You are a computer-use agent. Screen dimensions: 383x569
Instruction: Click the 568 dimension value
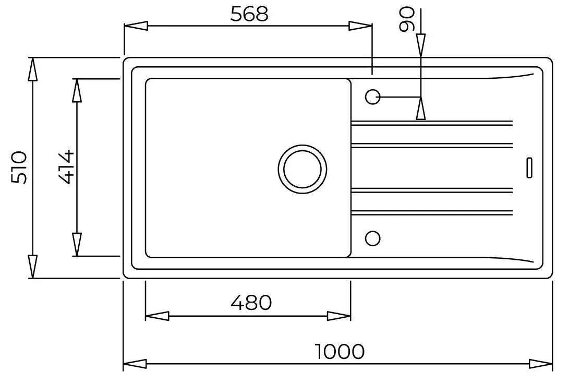(249, 14)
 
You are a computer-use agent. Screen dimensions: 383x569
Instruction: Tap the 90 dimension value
(406, 19)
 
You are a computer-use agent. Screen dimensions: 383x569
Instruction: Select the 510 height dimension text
(19, 167)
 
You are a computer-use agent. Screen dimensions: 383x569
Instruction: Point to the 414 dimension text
(65, 167)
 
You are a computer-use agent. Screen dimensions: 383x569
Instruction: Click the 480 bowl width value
(251, 302)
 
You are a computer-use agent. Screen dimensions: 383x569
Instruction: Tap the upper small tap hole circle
(372, 97)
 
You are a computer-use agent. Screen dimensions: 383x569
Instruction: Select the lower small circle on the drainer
(372, 238)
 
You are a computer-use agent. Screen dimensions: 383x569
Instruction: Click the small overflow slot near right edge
(529, 167)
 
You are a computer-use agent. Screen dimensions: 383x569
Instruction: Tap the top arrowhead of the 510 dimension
(32, 69)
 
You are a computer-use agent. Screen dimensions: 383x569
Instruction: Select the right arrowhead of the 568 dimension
(360, 26)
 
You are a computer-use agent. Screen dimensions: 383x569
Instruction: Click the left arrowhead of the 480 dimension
(156, 316)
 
